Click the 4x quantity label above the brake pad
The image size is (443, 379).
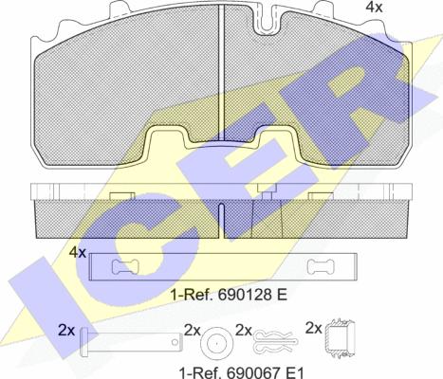click(374, 7)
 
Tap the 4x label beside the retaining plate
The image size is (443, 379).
click(78, 252)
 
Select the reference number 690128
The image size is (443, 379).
click(245, 295)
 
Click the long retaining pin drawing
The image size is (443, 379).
click(132, 342)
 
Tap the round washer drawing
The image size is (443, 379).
click(217, 342)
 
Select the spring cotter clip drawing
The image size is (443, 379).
click(275, 342)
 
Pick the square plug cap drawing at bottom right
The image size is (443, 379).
click(340, 338)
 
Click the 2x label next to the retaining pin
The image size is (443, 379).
click(66, 331)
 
